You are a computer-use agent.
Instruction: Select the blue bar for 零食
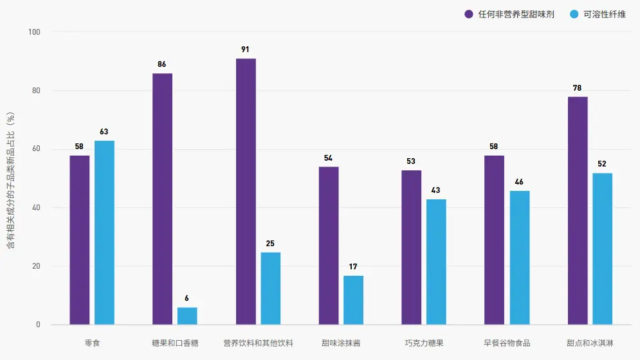pyautogui.click(x=104, y=233)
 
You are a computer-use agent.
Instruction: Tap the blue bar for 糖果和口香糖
pyautogui.click(x=187, y=316)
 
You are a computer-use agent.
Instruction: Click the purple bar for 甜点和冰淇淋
pyautogui.click(x=578, y=211)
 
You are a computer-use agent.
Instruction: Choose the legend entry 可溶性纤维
pyautogui.click(x=604, y=14)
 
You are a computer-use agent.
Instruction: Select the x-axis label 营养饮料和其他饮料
pyautogui.click(x=258, y=343)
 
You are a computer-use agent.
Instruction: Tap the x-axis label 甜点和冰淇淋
pyautogui.click(x=590, y=343)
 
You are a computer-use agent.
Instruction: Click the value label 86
pyautogui.click(x=162, y=64)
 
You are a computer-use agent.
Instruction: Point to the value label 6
pyautogui.click(x=187, y=298)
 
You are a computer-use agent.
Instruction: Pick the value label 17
pyautogui.click(x=353, y=266)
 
